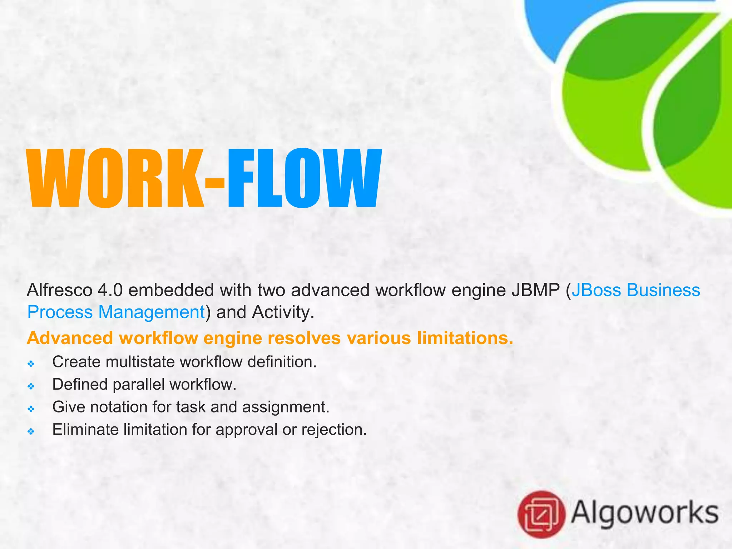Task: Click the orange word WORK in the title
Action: pyautogui.click(x=116, y=179)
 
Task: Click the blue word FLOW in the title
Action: pyautogui.click(x=304, y=179)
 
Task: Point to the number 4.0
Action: pyautogui.click(x=110, y=290)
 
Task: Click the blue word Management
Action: pyautogui.click(x=151, y=312)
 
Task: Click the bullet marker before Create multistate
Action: pyautogui.click(x=31, y=364)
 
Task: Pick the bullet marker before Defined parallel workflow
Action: pyautogui.click(x=31, y=386)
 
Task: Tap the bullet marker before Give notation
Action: pyautogui.click(x=31, y=409)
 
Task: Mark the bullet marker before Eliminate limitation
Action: pyautogui.click(x=31, y=431)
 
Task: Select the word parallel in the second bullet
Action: pyautogui.click(x=139, y=385)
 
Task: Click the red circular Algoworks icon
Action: pyautogui.click(x=541, y=514)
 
